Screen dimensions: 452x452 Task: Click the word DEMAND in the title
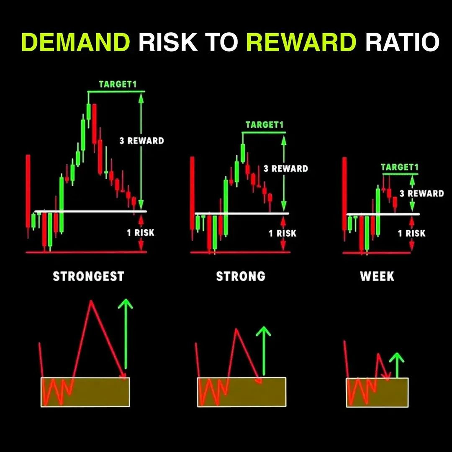75,42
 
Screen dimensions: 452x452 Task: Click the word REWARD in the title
301,42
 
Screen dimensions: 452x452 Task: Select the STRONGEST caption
88,276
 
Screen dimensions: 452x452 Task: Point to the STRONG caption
241,276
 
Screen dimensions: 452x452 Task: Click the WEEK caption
377,276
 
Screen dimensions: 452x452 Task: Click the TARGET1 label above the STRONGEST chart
118,84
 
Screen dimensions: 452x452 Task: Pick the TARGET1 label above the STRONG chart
265,125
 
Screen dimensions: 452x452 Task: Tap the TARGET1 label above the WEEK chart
400,167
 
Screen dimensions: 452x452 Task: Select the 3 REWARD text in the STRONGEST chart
142,141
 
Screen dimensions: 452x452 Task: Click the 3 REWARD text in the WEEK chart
422,193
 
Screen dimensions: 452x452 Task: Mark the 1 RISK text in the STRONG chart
282,233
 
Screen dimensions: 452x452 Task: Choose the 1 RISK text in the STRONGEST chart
141,232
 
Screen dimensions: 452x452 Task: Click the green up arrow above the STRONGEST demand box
126,334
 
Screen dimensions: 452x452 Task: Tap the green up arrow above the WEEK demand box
397,365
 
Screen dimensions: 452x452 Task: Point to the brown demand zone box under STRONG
242,392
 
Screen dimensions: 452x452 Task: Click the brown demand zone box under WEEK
378,392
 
